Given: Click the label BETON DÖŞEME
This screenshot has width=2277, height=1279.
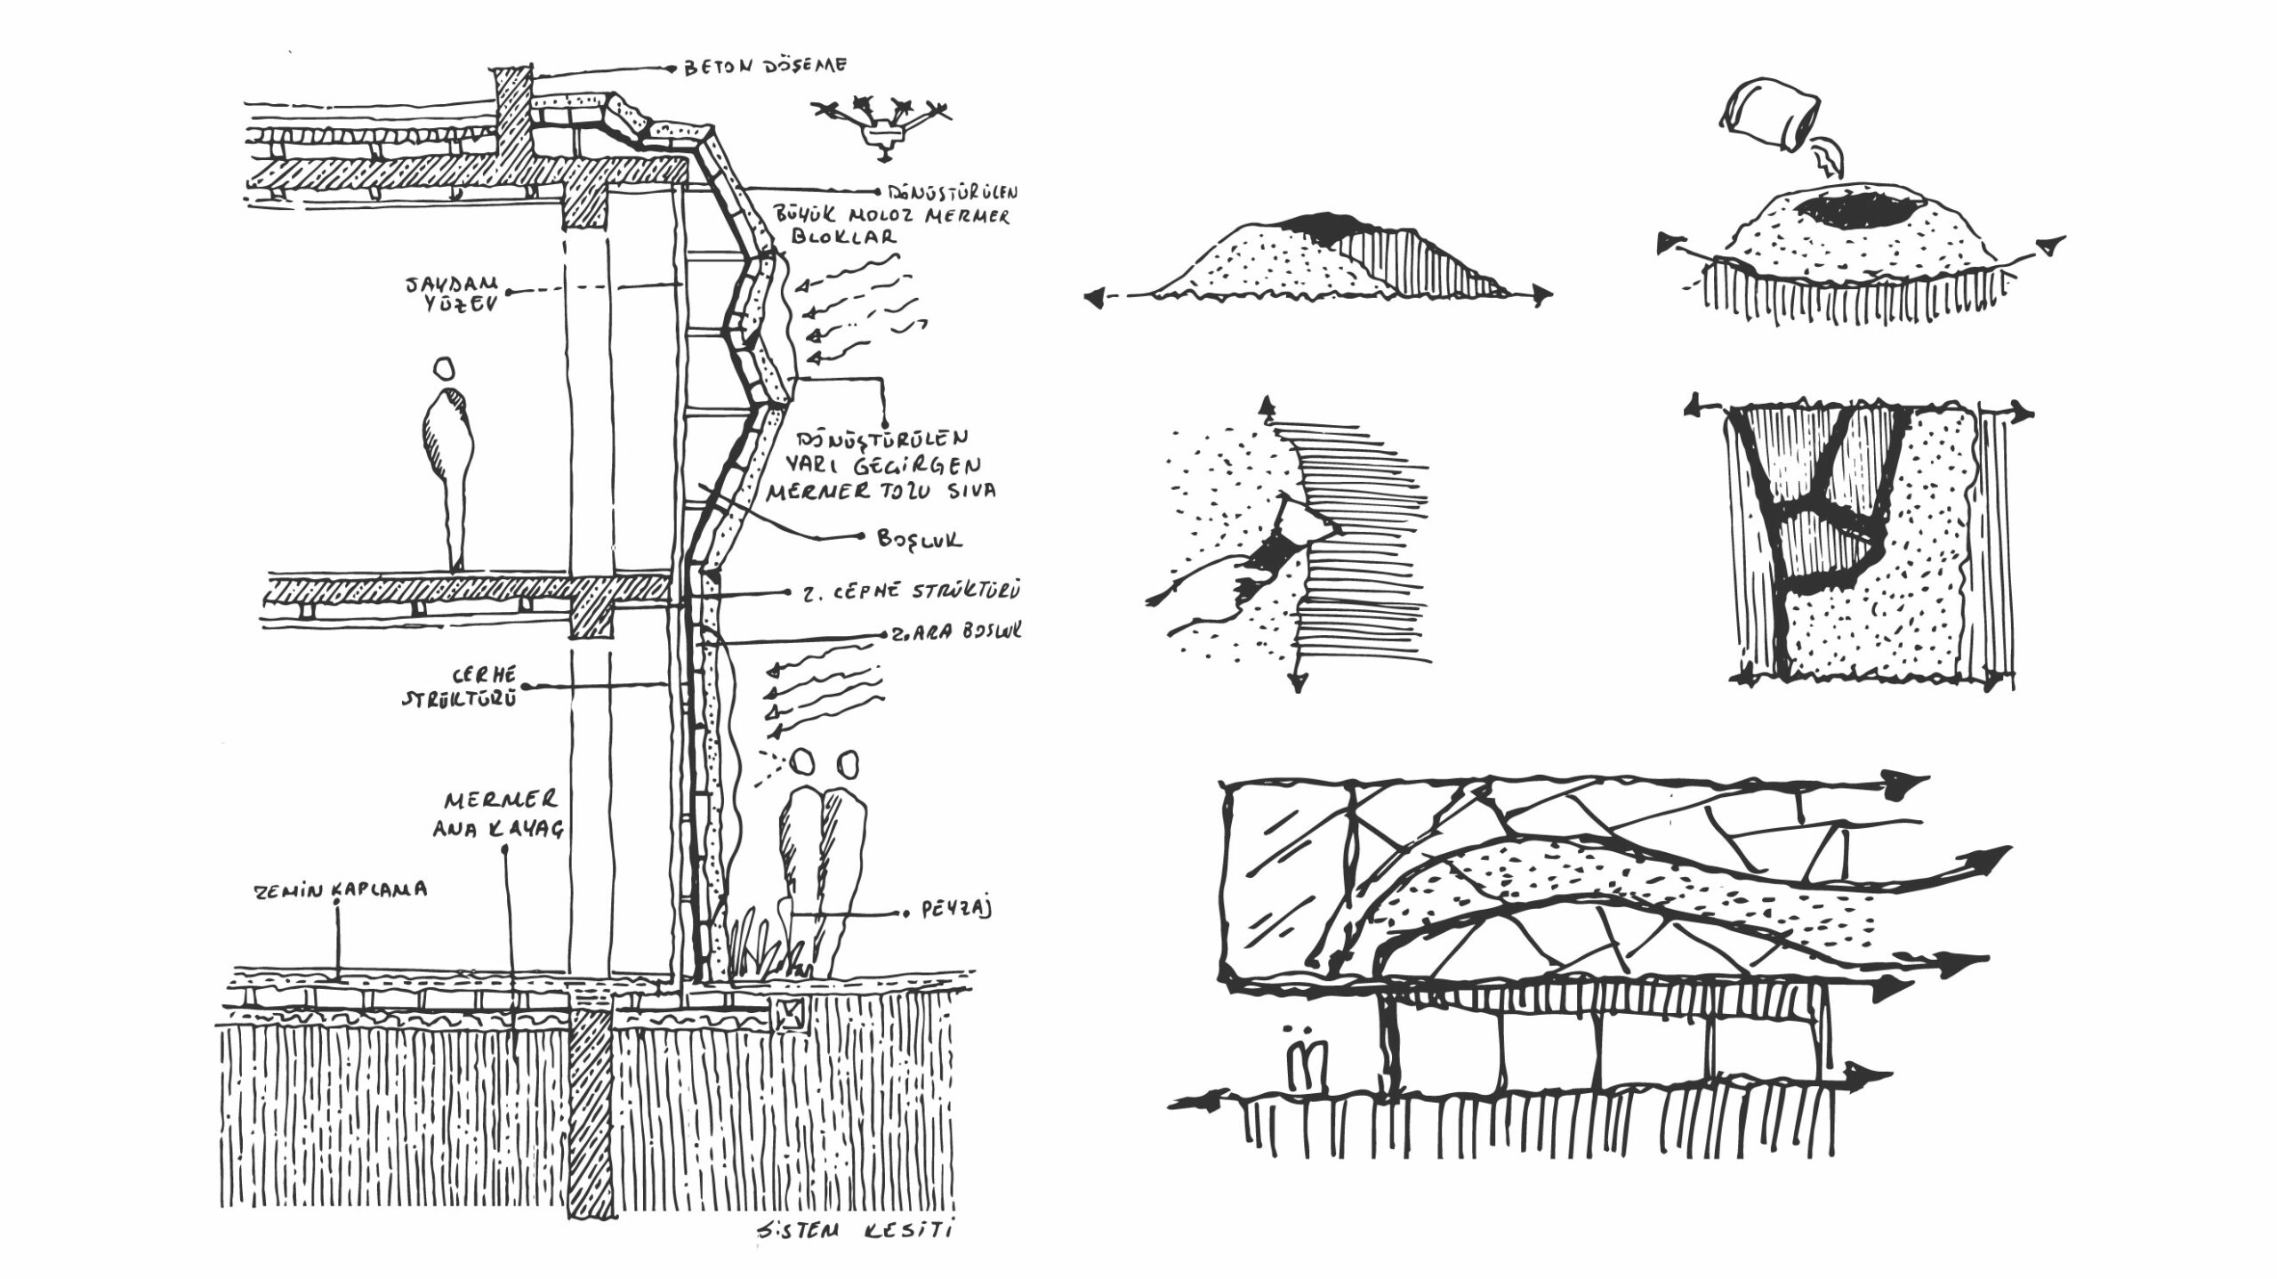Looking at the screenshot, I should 766,67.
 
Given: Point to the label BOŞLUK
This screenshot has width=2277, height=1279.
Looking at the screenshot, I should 920,538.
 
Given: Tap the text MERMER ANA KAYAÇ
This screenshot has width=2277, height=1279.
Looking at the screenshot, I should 498,813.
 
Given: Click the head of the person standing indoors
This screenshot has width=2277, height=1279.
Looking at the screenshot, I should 444,369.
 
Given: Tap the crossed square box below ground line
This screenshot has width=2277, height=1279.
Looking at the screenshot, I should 789,1014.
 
